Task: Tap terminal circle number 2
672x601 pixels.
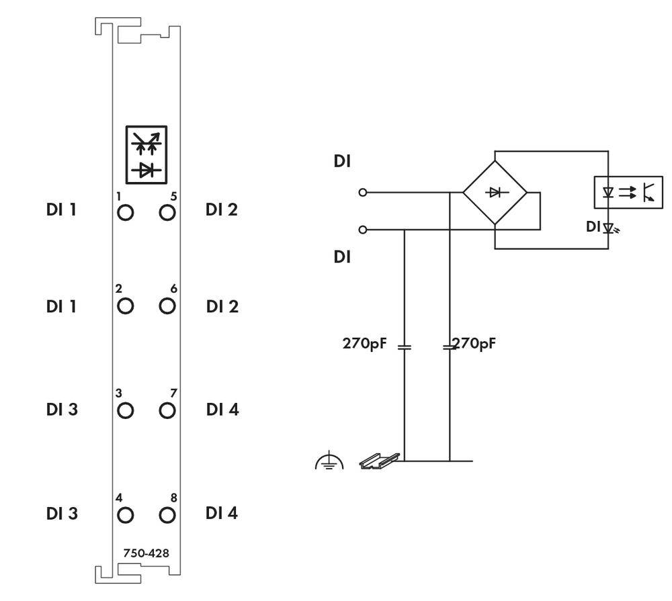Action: point(125,306)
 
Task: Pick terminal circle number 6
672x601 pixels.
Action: point(167,306)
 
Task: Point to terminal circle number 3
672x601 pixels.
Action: point(125,410)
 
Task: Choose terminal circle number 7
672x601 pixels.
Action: point(167,410)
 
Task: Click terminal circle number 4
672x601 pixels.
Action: point(125,515)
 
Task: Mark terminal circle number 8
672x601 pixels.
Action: point(167,515)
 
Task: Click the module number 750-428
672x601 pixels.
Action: point(146,553)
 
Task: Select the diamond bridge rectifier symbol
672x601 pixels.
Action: point(495,193)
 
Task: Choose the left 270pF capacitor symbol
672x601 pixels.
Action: point(404,347)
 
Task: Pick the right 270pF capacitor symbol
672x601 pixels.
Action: point(448,347)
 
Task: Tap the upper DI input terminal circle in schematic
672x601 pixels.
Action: point(363,193)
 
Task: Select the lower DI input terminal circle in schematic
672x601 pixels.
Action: point(363,230)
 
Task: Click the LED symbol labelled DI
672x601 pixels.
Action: point(609,228)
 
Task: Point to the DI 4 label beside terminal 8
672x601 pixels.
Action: point(222,514)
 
